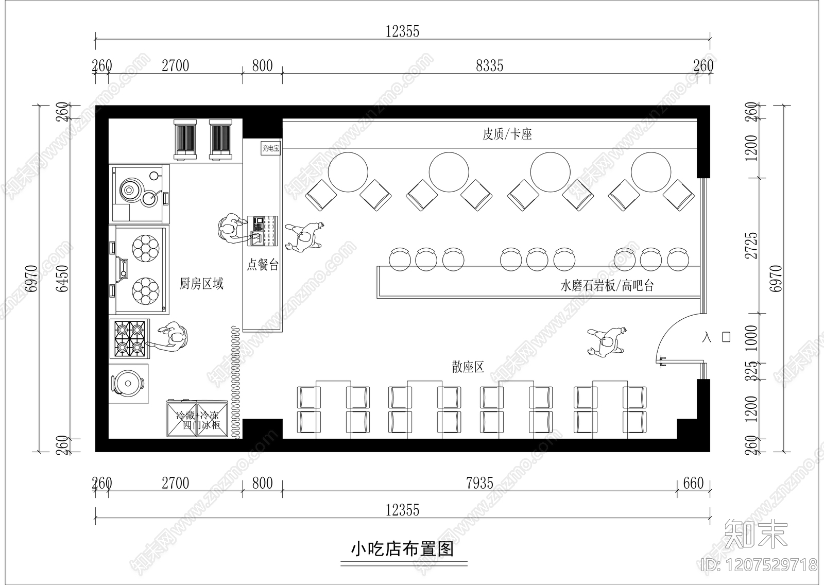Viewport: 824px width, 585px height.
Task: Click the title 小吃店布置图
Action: pyautogui.click(x=402, y=548)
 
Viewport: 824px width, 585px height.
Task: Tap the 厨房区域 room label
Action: pyautogui.click(x=201, y=284)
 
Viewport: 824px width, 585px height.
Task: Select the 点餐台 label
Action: pyautogui.click(x=263, y=265)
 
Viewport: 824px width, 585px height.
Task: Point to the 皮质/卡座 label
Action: pyautogui.click(x=507, y=134)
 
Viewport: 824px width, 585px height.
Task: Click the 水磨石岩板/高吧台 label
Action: pyautogui.click(x=607, y=286)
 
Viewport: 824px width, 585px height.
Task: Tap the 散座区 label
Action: pyautogui.click(x=468, y=367)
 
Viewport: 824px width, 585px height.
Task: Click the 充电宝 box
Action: pyautogui.click(x=271, y=148)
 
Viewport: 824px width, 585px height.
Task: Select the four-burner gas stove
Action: pyautogui.click(x=129, y=338)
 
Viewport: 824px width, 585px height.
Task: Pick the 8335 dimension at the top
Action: pyautogui.click(x=489, y=66)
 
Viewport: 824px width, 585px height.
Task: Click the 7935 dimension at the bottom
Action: pyautogui.click(x=479, y=483)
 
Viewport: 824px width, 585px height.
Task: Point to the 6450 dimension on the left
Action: pyautogui.click(x=63, y=279)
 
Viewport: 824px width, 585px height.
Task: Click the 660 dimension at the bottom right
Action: pyautogui.click(x=693, y=483)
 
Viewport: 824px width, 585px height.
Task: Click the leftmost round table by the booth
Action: pyautogui.click(x=348, y=171)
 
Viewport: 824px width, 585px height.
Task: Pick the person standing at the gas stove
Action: pyautogui.click(x=173, y=337)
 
